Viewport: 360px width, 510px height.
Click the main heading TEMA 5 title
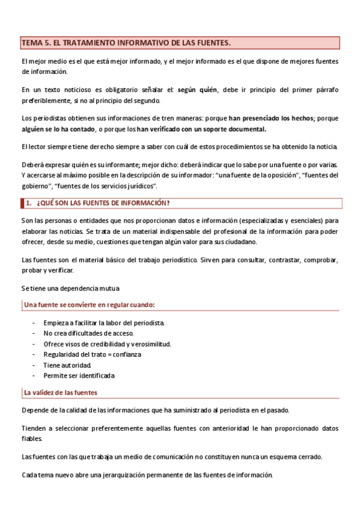point(126,43)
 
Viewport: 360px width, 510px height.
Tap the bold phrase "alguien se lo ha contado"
point(58,129)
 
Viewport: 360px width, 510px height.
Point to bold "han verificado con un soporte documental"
point(201,129)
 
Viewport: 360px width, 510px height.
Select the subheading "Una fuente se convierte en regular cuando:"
point(89,305)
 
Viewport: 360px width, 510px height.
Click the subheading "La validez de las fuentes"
point(61,393)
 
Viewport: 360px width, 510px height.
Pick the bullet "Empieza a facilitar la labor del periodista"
point(103,323)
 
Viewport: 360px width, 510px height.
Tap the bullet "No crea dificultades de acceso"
point(88,333)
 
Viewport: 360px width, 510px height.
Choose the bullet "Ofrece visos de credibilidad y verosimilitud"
point(107,344)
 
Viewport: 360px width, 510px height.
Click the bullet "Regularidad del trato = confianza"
point(92,354)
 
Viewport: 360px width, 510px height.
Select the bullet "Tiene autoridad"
point(67,365)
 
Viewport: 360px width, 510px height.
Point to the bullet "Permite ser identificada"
point(79,375)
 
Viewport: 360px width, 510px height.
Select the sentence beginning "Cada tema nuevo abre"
point(147,474)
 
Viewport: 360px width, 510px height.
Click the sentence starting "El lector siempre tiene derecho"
point(180,147)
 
